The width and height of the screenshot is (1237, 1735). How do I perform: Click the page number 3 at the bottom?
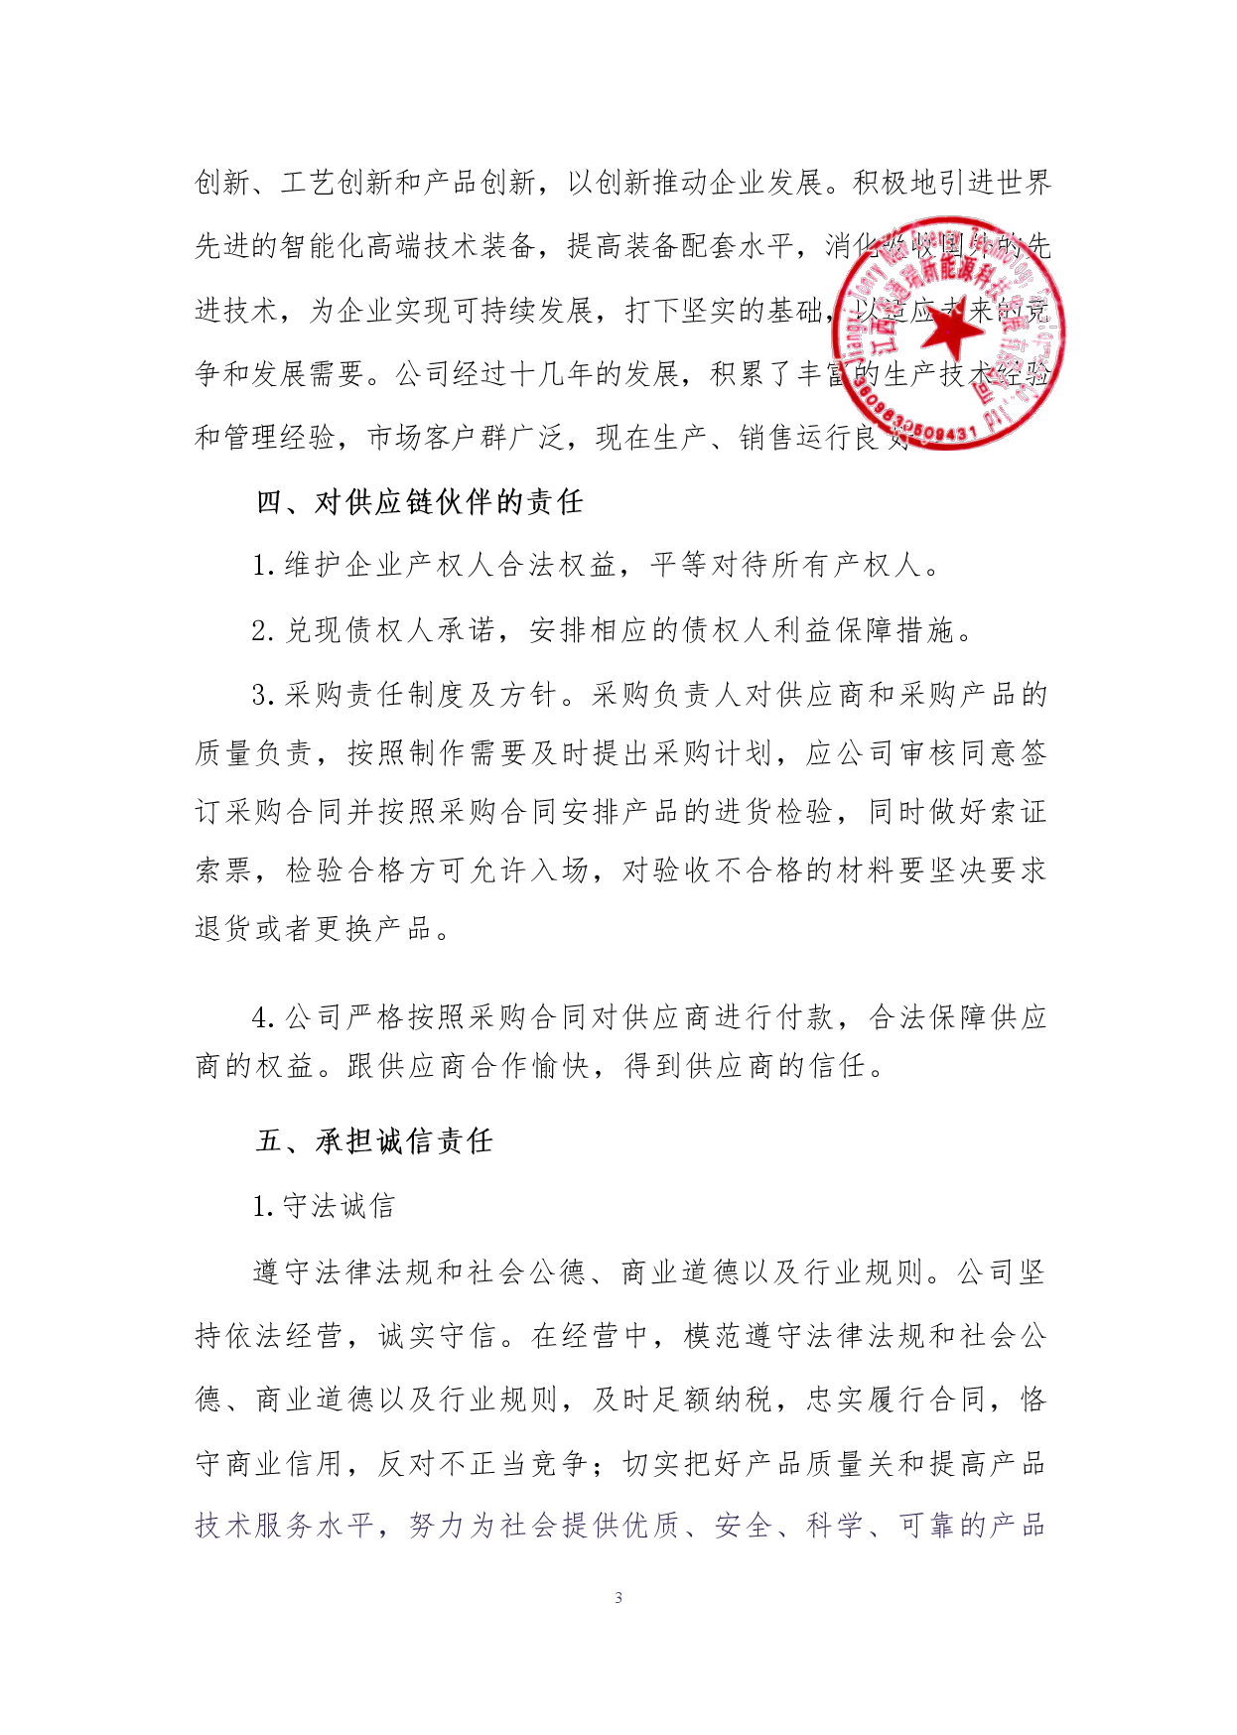point(618,1597)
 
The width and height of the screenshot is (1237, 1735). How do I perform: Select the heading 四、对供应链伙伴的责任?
point(419,502)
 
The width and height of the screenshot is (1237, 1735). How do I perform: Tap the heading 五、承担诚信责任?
point(374,1141)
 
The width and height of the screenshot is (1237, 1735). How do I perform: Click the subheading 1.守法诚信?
point(324,1206)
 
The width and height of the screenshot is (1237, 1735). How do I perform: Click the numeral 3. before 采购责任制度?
point(262,695)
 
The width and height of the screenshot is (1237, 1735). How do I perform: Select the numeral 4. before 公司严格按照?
point(262,1017)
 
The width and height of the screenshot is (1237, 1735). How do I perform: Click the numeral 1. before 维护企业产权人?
point(262,566)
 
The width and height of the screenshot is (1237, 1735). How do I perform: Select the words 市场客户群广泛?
point(452,438)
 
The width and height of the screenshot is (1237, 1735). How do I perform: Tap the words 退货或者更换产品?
point(314,928)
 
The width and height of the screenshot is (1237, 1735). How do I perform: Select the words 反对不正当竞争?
point(482,1463)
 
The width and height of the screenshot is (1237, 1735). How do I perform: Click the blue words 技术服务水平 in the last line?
point(284,1526)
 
